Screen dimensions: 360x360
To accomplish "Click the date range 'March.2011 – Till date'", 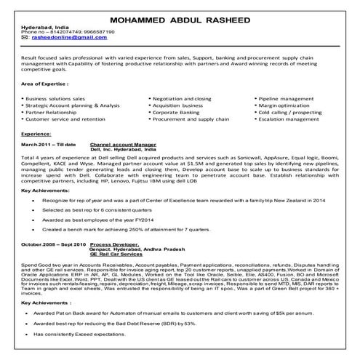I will [48, 145].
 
